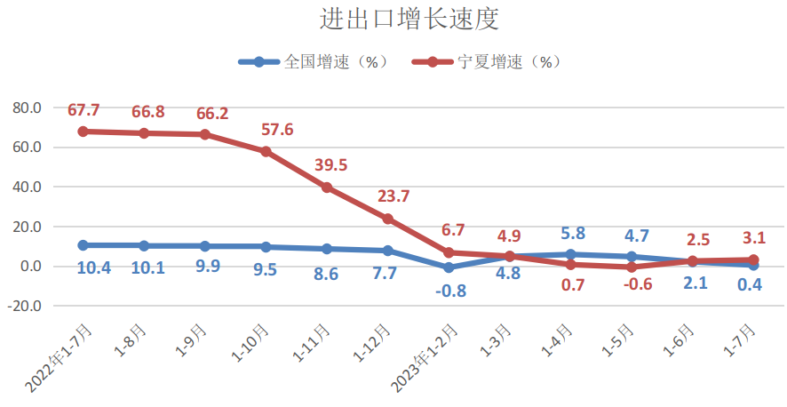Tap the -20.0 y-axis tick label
coord(25,306)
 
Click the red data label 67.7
coord(83,110)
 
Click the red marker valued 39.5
coord(327,188)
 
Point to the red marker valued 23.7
coord(387,219)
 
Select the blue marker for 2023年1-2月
coord(449,267)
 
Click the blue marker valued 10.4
coord(83,245)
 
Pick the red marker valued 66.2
coord(204,135)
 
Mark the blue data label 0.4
coord(753,284)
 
